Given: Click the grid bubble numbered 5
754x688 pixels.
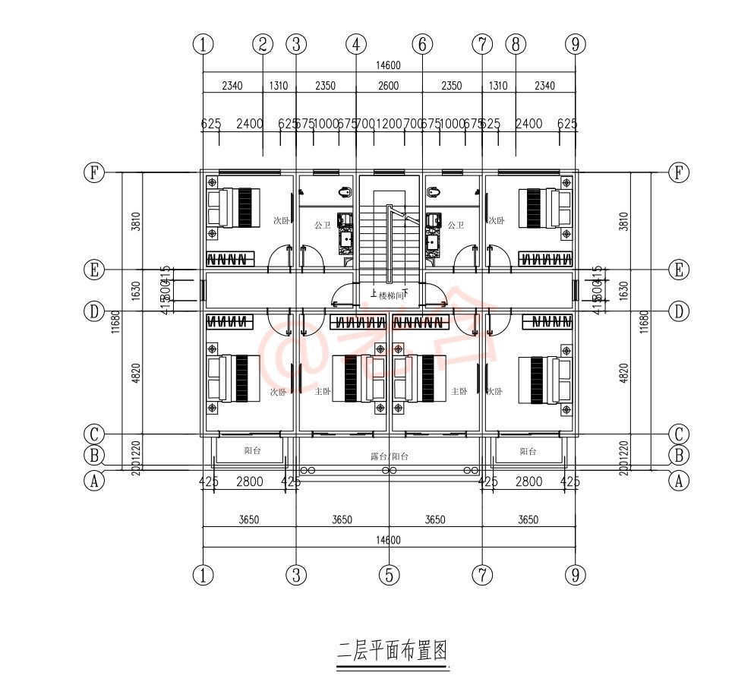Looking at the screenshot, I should click(388, 575).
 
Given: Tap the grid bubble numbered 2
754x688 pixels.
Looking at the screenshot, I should click(263, 44).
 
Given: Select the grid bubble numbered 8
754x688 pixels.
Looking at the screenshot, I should click(516, 44).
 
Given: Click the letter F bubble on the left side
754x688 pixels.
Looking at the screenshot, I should click(93, 172).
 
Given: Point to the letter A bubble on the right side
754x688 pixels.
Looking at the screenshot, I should click(678, 480).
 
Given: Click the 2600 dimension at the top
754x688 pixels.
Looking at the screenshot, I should click(388, 86).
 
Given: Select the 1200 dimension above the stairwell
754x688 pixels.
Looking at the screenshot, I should click(389, 123).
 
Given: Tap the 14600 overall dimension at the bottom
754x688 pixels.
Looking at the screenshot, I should click(388, 540).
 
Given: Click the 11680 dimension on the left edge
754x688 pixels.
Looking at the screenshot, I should click(116, 322).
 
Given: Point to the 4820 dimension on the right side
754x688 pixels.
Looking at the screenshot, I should click(623, 371).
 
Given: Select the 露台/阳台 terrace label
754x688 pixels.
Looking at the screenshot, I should click(389, 456).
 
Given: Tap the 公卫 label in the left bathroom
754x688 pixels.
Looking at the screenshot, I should click(322, 226).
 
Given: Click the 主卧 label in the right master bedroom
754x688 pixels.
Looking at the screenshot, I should click(459, 392).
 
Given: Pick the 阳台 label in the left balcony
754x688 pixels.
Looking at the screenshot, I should click(252, 451).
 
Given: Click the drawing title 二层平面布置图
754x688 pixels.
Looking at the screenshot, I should click(392, 651).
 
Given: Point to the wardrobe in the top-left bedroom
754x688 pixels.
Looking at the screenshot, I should click(229, 259).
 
